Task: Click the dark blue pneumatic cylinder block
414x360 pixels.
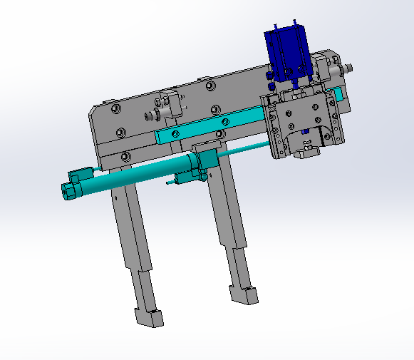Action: (x=286, y=53)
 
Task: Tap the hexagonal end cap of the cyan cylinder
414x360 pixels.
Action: (x=70, y=190)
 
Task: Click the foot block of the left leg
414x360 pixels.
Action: (x=149, y=317)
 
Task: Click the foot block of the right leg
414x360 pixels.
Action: (x=243, y=293)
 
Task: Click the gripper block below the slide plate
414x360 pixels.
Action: (x=308, y=150)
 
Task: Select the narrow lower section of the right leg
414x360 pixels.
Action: (x=239, y=267)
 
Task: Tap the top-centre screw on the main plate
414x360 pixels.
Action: (x=209, y=86)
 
